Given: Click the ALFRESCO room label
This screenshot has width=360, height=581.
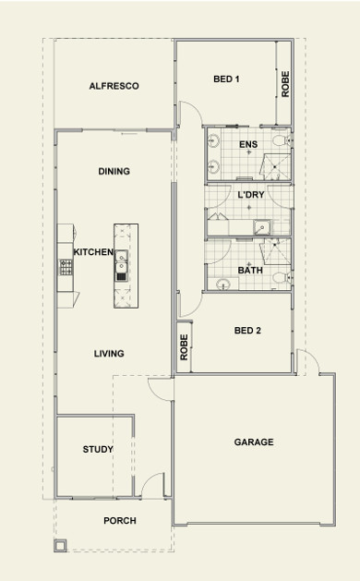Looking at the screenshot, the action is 114,86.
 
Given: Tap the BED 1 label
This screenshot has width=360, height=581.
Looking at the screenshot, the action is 226,79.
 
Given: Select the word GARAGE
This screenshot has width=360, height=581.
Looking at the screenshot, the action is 254,442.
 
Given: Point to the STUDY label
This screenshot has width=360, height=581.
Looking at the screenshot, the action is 98,449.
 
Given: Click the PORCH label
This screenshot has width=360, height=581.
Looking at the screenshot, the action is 120,521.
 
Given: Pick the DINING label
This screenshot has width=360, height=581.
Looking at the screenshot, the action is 114,171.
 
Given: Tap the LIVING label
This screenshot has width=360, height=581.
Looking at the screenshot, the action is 109,354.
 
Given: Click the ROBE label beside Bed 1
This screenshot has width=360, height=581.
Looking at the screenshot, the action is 285,84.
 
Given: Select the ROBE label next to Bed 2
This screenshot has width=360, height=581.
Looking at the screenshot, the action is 184,347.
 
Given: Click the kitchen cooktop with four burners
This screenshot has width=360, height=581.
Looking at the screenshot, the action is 66,267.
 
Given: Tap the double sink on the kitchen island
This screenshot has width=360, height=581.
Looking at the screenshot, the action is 121,261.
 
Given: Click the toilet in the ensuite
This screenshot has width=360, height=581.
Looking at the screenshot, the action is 282,140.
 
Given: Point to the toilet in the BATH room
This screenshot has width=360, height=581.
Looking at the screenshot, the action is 282,278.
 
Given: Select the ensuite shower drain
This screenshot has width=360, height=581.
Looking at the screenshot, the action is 275,167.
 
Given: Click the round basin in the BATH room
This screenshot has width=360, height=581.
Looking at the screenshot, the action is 223,284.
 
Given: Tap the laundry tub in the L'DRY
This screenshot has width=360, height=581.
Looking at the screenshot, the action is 261,227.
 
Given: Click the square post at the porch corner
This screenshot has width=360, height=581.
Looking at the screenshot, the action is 60,545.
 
